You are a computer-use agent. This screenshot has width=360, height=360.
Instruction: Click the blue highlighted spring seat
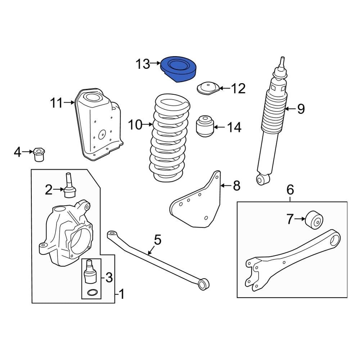[x=178, y=69]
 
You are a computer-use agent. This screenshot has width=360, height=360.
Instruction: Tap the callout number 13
[x=143, y=64]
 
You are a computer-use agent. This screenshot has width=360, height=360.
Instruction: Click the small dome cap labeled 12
[x=208, y=89]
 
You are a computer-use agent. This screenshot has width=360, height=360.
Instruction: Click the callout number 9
[x=301, y=109]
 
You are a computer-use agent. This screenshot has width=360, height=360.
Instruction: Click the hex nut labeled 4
[x=39, y=154]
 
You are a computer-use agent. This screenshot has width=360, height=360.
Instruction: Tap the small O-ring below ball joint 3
[x=91, y=292]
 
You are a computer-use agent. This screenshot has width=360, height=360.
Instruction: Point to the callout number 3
[x=109, y=277]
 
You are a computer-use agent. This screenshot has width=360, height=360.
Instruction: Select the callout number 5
[x=158, y=240]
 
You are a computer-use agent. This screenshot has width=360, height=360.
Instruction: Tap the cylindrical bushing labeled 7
[x=314, y=220]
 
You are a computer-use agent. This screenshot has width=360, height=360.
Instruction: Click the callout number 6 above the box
[x=290, y=190]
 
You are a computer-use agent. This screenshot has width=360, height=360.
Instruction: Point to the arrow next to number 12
[x=225, y=88]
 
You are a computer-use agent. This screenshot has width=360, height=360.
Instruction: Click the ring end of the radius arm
[x=334, y=240]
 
